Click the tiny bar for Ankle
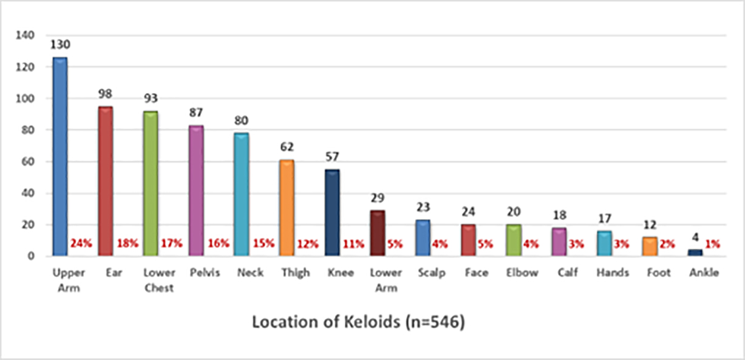695,253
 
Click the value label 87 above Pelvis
196,113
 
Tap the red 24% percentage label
80,244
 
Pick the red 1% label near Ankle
713,244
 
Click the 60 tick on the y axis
28,161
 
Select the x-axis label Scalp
431,273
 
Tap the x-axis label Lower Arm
386,280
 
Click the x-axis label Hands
613,273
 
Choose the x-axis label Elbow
522,273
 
